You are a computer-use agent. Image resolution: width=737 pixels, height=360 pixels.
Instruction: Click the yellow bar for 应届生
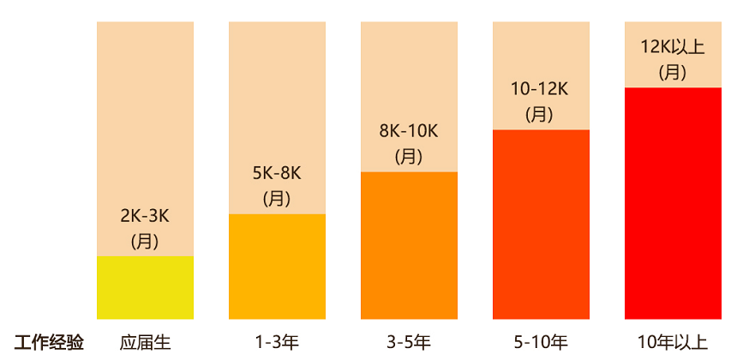click(x=145, y=287)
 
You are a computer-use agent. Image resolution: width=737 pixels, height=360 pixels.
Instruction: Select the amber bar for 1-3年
click(x=277, y=266)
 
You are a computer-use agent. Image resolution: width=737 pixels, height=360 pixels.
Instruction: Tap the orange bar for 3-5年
click(x=409, y=245)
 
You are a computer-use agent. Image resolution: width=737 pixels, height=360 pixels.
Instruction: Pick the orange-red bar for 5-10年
click(x=541, y=224)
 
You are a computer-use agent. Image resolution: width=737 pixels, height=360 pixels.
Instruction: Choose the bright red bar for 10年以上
click(x=673, y=202)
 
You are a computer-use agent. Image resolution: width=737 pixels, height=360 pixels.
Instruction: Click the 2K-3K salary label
click(x=145, y=215)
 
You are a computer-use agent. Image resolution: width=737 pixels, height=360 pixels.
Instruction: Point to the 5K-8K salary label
click(x=277, y=173)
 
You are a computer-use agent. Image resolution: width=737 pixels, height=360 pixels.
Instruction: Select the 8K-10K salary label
click(x=409, y=131)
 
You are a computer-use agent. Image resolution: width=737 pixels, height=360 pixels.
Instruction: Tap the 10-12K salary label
click(x=540, y=88)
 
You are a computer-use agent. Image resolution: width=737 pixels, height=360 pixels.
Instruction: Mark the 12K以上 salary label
click(x=673, y=46)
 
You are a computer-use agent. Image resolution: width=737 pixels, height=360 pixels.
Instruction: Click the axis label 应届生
click(x=145, y=343)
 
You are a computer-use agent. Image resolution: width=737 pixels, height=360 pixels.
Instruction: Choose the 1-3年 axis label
click(x=277, y=343)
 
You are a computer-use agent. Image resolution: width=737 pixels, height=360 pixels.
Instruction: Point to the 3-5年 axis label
click(x=409, y=343)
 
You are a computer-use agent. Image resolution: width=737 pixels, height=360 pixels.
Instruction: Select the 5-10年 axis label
click(x=541, y=343)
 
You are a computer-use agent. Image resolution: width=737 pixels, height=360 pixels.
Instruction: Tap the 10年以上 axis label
click(x=673, y=343)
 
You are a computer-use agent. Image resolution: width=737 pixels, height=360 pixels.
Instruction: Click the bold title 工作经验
click(x=50, y=343)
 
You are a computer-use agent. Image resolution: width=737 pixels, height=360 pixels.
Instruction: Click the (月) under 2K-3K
click(x=145, y=241)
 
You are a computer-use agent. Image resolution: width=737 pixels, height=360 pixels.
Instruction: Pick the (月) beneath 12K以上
click(x=673, y=72)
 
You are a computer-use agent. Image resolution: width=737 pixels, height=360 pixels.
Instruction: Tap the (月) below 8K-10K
click(x=409, y=157)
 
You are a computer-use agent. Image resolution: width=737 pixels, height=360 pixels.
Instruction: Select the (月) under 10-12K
click(x=540, y=114)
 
